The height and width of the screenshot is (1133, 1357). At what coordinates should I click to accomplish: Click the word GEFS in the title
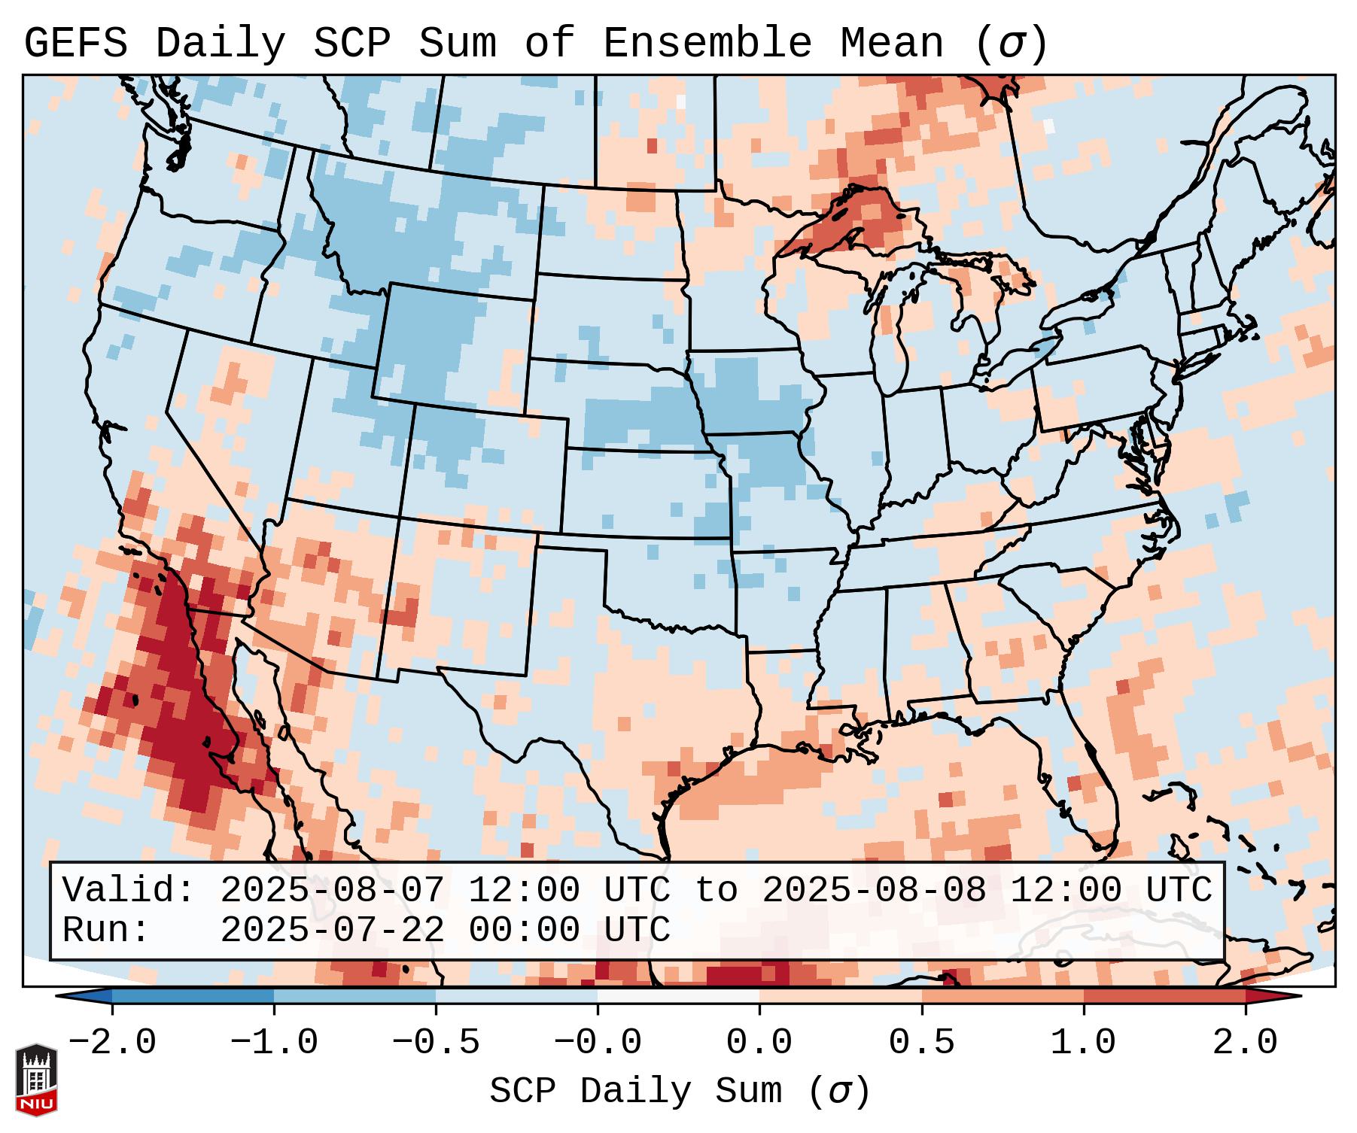[75, 44]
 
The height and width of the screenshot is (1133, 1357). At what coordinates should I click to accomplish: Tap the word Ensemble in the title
[707, 44]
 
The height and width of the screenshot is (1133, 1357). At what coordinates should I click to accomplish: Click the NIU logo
[36, 1079]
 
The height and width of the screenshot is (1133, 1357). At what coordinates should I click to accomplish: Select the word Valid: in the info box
[128, 891]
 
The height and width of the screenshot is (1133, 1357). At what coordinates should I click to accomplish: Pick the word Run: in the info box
[105, 931]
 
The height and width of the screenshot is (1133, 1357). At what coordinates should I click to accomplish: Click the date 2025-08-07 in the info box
[332, 891]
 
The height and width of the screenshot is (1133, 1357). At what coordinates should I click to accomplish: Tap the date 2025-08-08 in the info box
[874, 891]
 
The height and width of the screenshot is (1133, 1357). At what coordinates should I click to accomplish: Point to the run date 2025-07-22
[332, 931]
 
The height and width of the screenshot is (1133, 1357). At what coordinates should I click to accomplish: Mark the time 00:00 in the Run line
[524, 931]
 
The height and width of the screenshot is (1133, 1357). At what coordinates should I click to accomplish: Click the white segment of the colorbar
[678, 996]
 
